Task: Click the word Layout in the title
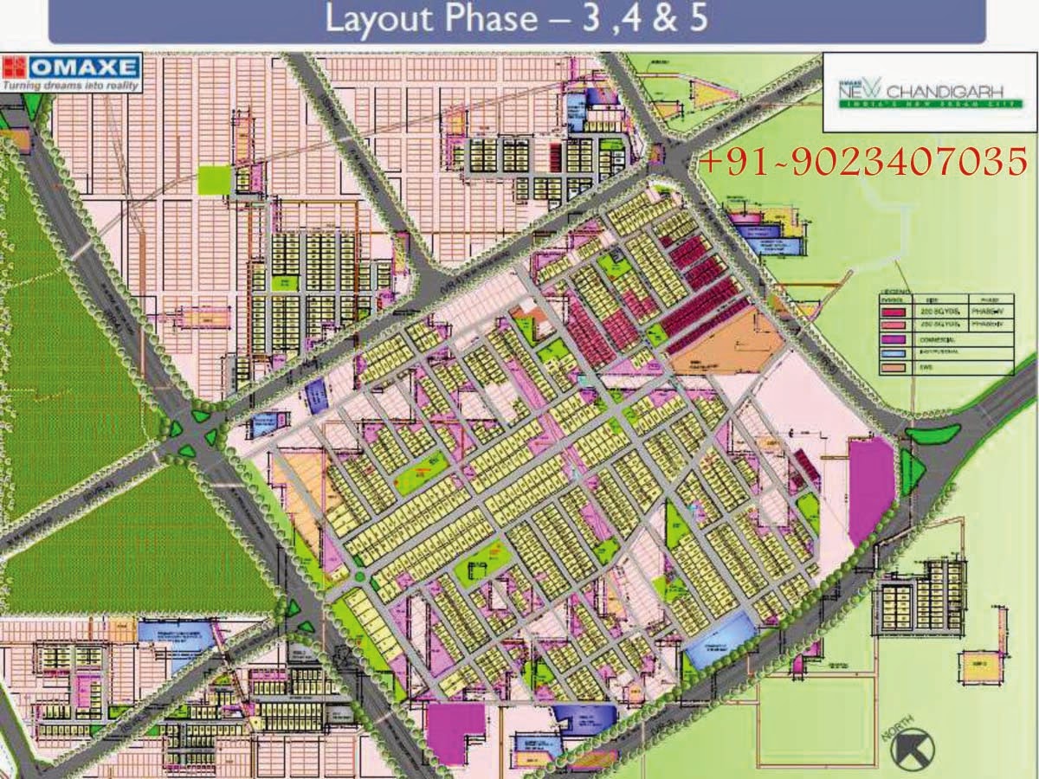pyautogui.click(x=375, y=19)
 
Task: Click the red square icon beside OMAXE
pyautogui.click(x=15, y=68)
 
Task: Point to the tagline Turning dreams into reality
pyautogui.click(x=69, y=86)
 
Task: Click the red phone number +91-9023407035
pyautogui.click(x=862, y=161)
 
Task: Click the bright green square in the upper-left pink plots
pyautogui.click(x=216, y=179)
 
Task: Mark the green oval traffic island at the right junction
pyautogui.click(x=933, y=434)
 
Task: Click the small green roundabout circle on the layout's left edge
pyautogui.click(x=358, y=576)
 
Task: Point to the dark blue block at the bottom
pyautogui.click(x=582, y=718)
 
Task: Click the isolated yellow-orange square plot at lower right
pyautogui.click(x=977, y=665)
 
